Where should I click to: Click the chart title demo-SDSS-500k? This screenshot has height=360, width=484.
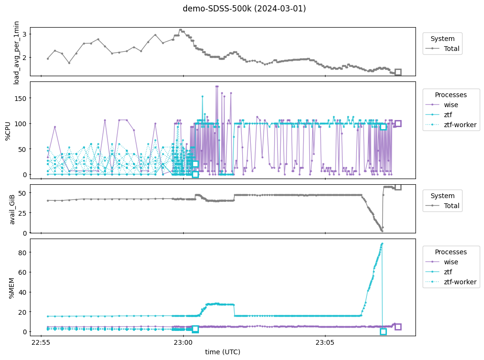coord(244,9)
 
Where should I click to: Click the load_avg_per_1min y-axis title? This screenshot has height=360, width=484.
coord(17,52)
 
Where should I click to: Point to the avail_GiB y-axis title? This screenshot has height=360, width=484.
coord(13,209)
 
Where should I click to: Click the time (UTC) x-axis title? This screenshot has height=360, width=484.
coord(223,352)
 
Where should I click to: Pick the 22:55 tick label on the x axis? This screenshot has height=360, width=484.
coord(40,342)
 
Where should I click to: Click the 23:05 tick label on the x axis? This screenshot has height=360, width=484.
coord(325,342)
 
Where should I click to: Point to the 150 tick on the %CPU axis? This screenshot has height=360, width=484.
coord(20,98)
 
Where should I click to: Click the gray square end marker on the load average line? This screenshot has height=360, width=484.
coord(398,72)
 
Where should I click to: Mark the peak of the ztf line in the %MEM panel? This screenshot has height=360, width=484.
coord(382,243)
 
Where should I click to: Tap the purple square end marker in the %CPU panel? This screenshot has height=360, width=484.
coord(398,123)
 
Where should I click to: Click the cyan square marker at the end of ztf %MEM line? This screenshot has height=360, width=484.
coord(383,331)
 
